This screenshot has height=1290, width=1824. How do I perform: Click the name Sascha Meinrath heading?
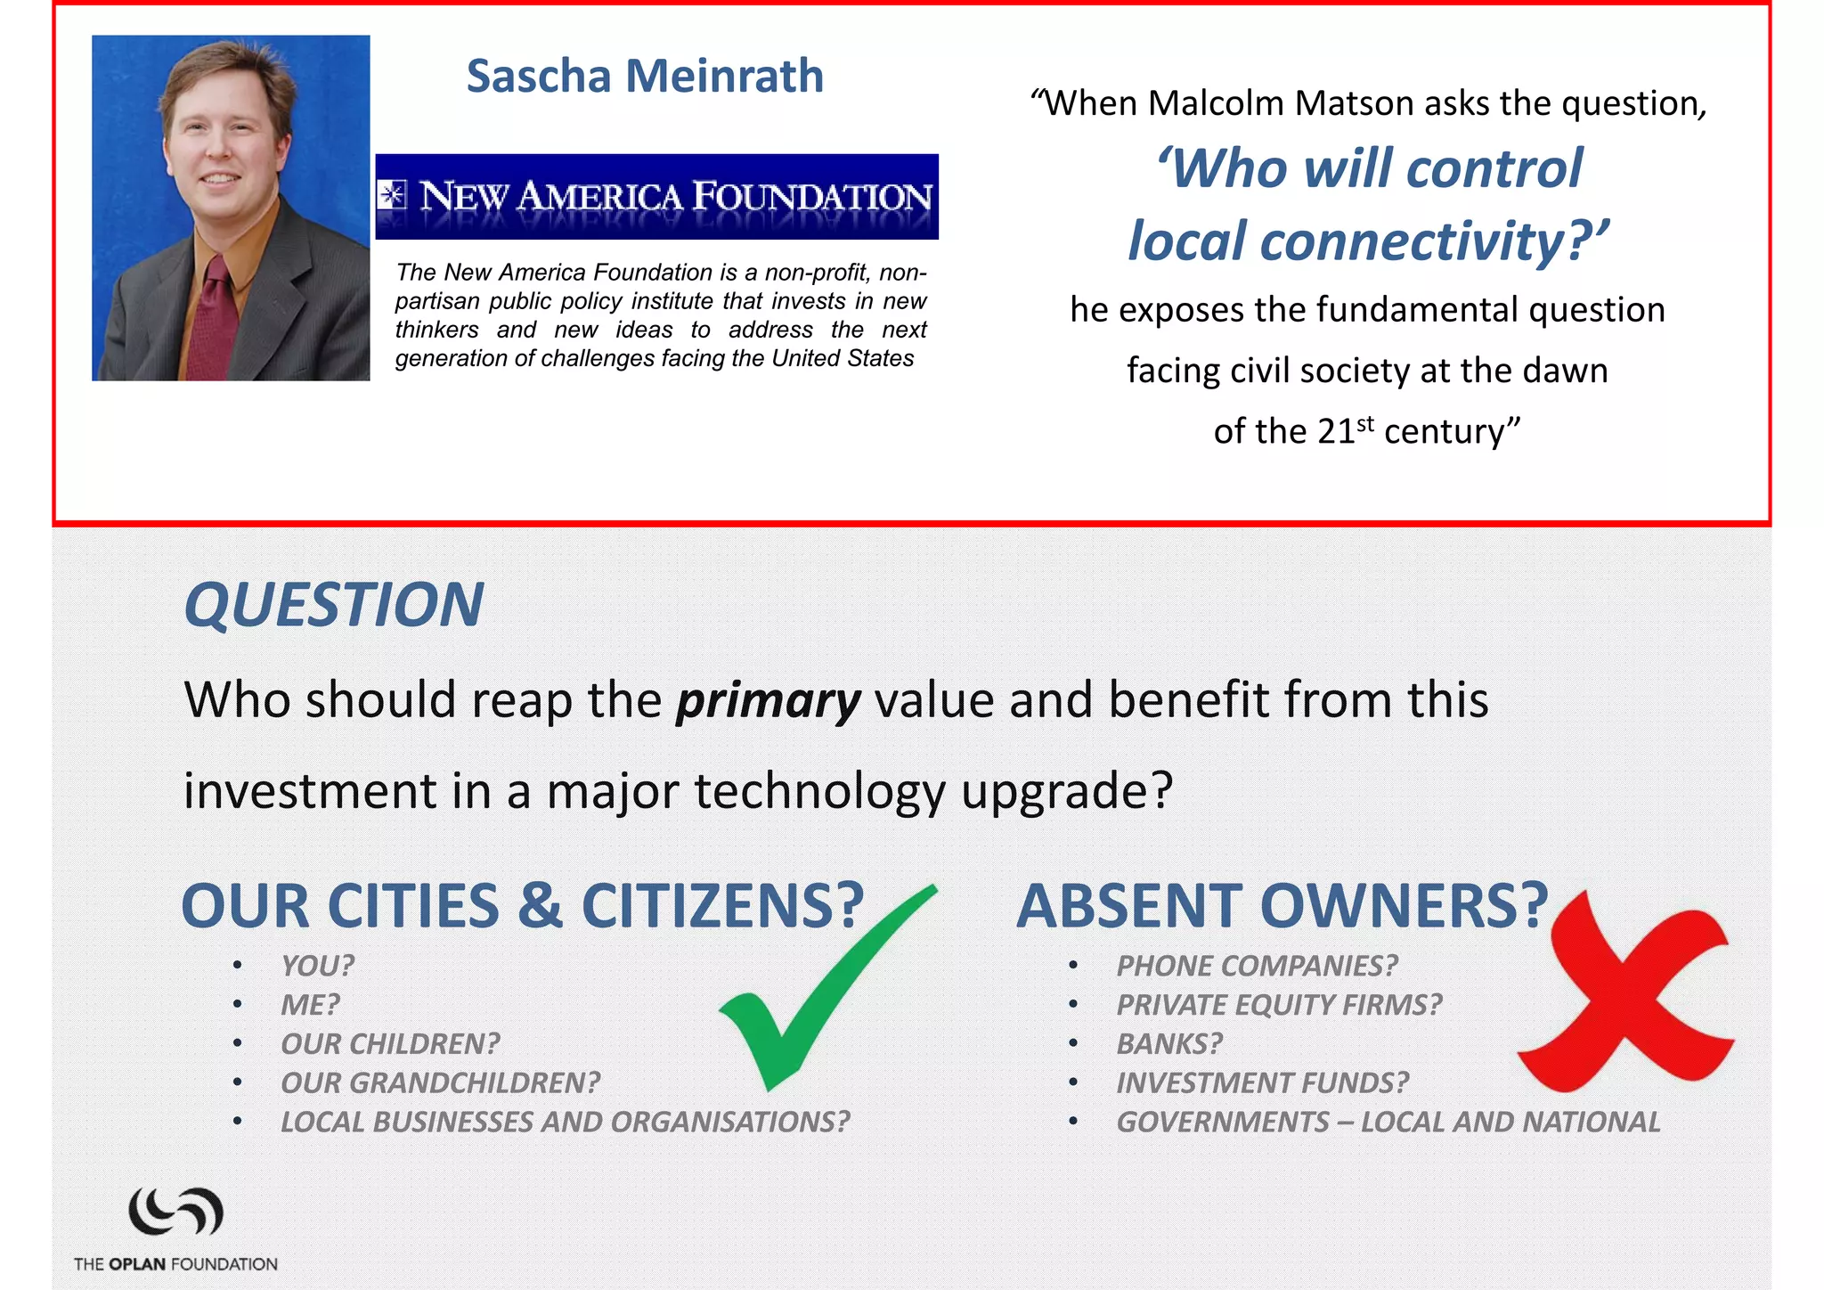click(x=645, y=76)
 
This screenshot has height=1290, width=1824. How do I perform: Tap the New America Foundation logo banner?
click(x=656, y=197)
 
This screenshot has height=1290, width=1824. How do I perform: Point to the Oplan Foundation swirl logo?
click(x=175, y=1212)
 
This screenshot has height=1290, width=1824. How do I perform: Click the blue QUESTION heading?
click(x=333, y=605)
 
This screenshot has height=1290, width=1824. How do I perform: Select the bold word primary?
click(x=768, y=700)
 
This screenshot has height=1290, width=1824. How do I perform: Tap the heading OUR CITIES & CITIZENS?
click(x=523, y=906)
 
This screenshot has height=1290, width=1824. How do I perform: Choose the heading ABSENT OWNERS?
click(x=1282, y=906)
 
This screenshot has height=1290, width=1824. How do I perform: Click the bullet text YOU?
click(x=317, y=966)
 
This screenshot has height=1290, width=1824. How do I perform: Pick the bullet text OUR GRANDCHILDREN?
click(x=440, y=1083)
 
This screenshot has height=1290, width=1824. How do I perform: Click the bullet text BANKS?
click(x=1169, y=1044)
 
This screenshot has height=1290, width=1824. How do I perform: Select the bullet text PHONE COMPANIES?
click(x=1257, y=966)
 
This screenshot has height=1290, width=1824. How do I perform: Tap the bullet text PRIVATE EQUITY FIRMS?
click(x=1279, y=1005)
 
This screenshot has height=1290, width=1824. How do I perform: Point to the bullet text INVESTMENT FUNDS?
click(x=1263, y=1083)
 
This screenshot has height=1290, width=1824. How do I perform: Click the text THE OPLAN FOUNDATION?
click(x=175, y=1264)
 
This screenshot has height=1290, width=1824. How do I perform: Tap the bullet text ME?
click(x=310, y=1005)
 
